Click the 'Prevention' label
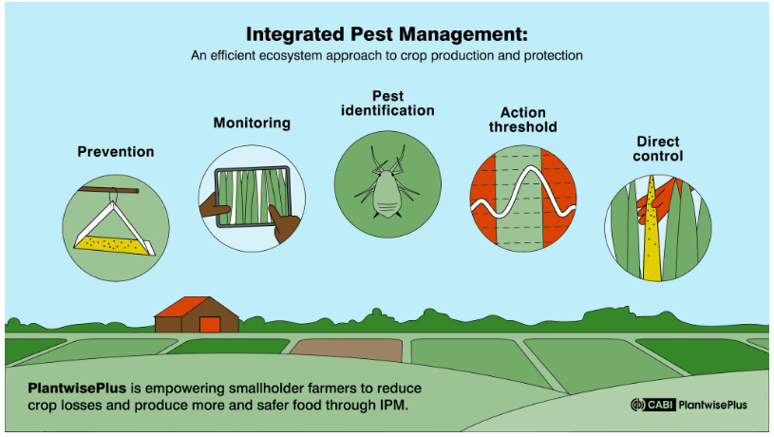116,152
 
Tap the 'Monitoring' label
252,123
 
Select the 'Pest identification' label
388,104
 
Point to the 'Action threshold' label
522,120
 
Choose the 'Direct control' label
658,148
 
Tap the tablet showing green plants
254,197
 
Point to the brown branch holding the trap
108,190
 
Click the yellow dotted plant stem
652,230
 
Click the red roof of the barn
180,306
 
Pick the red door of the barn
210,324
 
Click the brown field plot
347,351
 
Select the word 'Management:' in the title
463,34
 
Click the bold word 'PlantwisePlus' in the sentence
77,389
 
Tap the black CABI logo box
660,405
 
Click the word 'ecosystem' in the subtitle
292,55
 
